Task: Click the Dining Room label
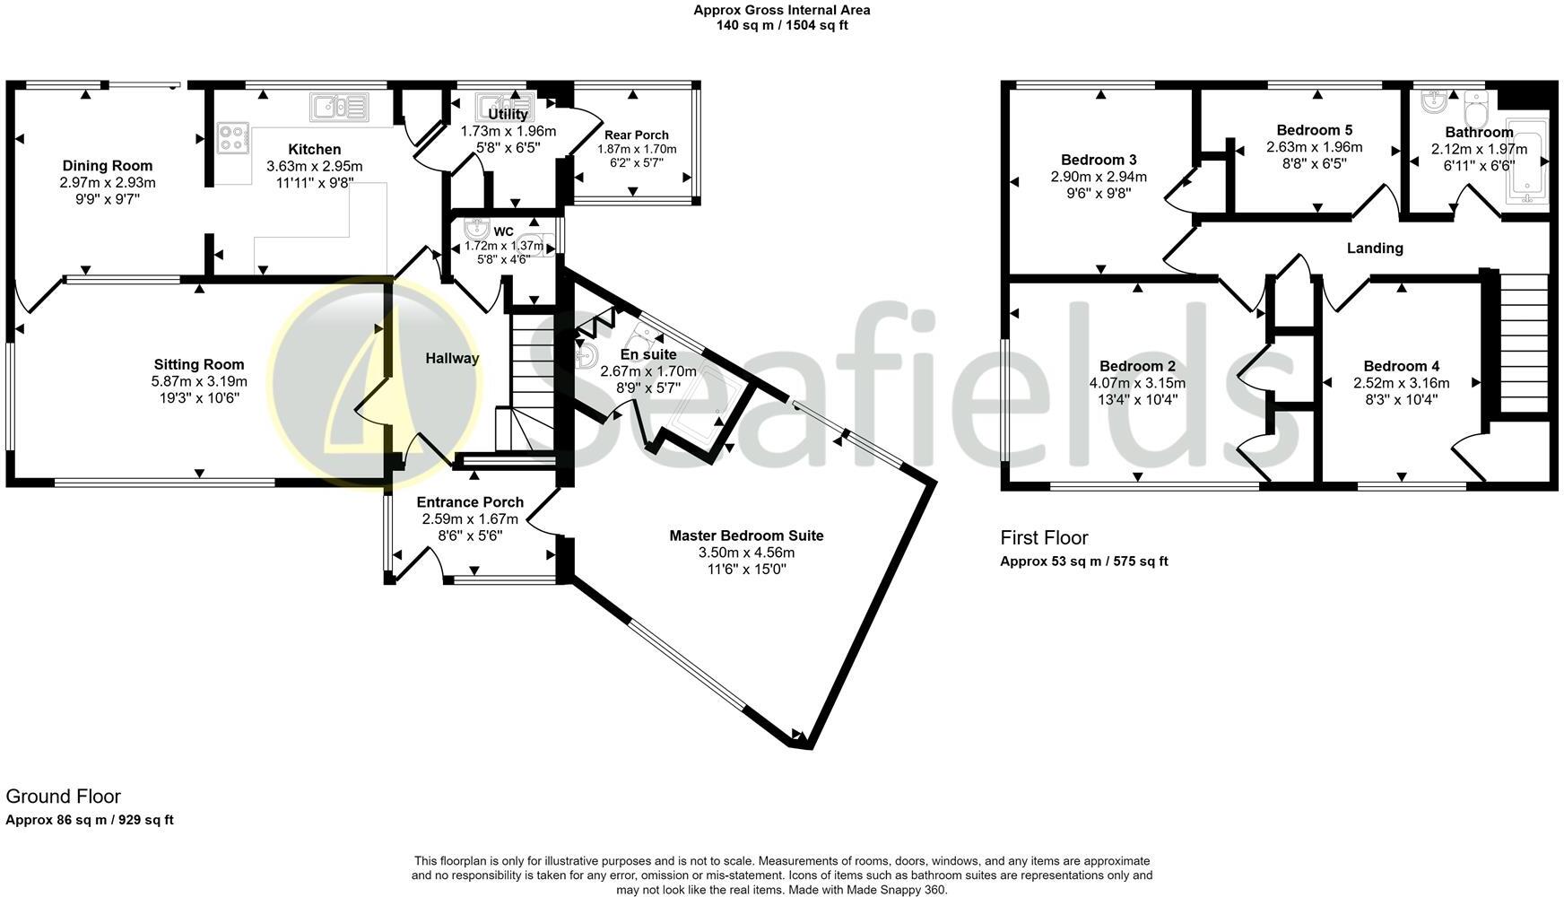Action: pyautogui.click(x=108, y=166)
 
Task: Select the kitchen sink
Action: pyautogui.click(x=339, y=107)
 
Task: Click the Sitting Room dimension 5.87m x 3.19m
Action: pyautogui.click(x=199, y=381)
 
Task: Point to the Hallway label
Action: pyautogui.click(x=452, y=359)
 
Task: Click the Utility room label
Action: pyautogui.click(x=508, y=115)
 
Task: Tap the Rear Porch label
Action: pyautogui.click(x=637, y=135)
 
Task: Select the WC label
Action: pyautogui.click(x=503, y=232)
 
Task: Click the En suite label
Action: pyautogui.click(x=648, y=355)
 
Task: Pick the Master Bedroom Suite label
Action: pyautogui.click(x=746, y=536)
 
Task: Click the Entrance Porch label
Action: pyautogui.click(x=470, y=502)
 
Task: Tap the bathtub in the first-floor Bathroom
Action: pyautogui.click(x=1527, y=162)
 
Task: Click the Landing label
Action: pyautogui.click(x=1375, y=248)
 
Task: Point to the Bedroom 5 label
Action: pyautogui.click(x=1314, y=131)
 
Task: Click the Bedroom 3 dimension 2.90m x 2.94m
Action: pyautogui.click(x=1099, y=178)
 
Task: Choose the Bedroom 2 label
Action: pyautogui.click(x=1137, y=366)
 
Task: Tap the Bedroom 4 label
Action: pyautogui.click(x=1401, y=366)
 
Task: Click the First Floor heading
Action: pyautogui.click(x=1044, y=538)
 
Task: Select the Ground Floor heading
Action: pyautogui.click(x=63, y=797)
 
